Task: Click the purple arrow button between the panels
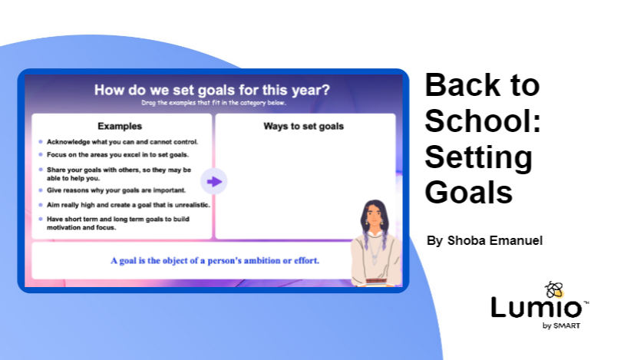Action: [214, 181]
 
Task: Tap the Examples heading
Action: [119, 126]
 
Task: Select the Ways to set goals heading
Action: [304, 126]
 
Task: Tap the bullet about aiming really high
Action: [127, 205]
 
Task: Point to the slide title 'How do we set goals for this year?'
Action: [212, 90]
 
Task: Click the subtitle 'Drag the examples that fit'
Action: [212, 102]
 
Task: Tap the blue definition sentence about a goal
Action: [214, 260]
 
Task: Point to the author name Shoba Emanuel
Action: [484, 240]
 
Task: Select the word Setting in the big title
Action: [478, 157]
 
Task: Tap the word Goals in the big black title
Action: [469, 192]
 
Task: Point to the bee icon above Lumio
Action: [553, 289]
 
